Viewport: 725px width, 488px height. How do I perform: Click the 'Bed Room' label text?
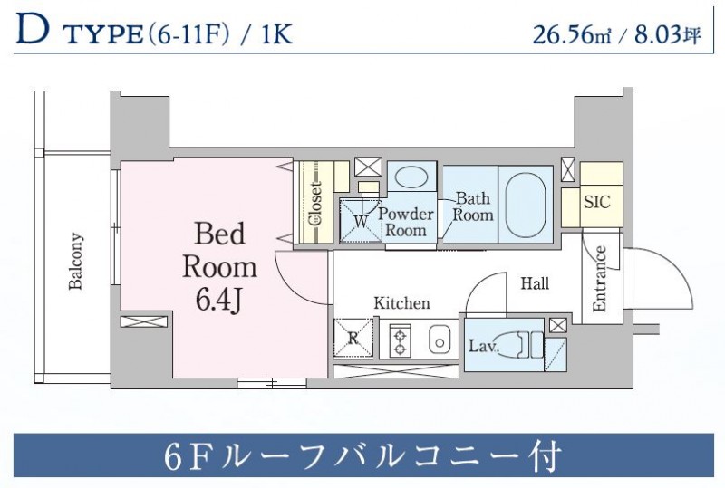point(219,251)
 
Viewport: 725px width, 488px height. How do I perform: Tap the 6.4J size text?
point(218,300)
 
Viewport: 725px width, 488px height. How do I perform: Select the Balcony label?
point(76,263)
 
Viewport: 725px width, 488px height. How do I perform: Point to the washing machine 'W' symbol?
point(360,220)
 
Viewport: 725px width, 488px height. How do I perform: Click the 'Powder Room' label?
point(405,222)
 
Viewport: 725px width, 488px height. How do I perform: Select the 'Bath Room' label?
point(473,206)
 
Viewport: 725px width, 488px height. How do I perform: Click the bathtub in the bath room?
point(524,203)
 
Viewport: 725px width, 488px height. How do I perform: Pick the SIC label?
point(597,201)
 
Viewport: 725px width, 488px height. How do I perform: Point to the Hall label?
point(535,283)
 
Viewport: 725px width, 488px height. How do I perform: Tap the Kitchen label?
point(401,303)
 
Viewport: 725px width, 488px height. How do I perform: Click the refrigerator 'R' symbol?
point(353,339)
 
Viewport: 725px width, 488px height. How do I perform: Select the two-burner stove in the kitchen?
point(401,340)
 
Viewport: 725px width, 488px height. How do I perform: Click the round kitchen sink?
point(440,342)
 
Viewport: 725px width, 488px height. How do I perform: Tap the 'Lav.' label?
point(482,345)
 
